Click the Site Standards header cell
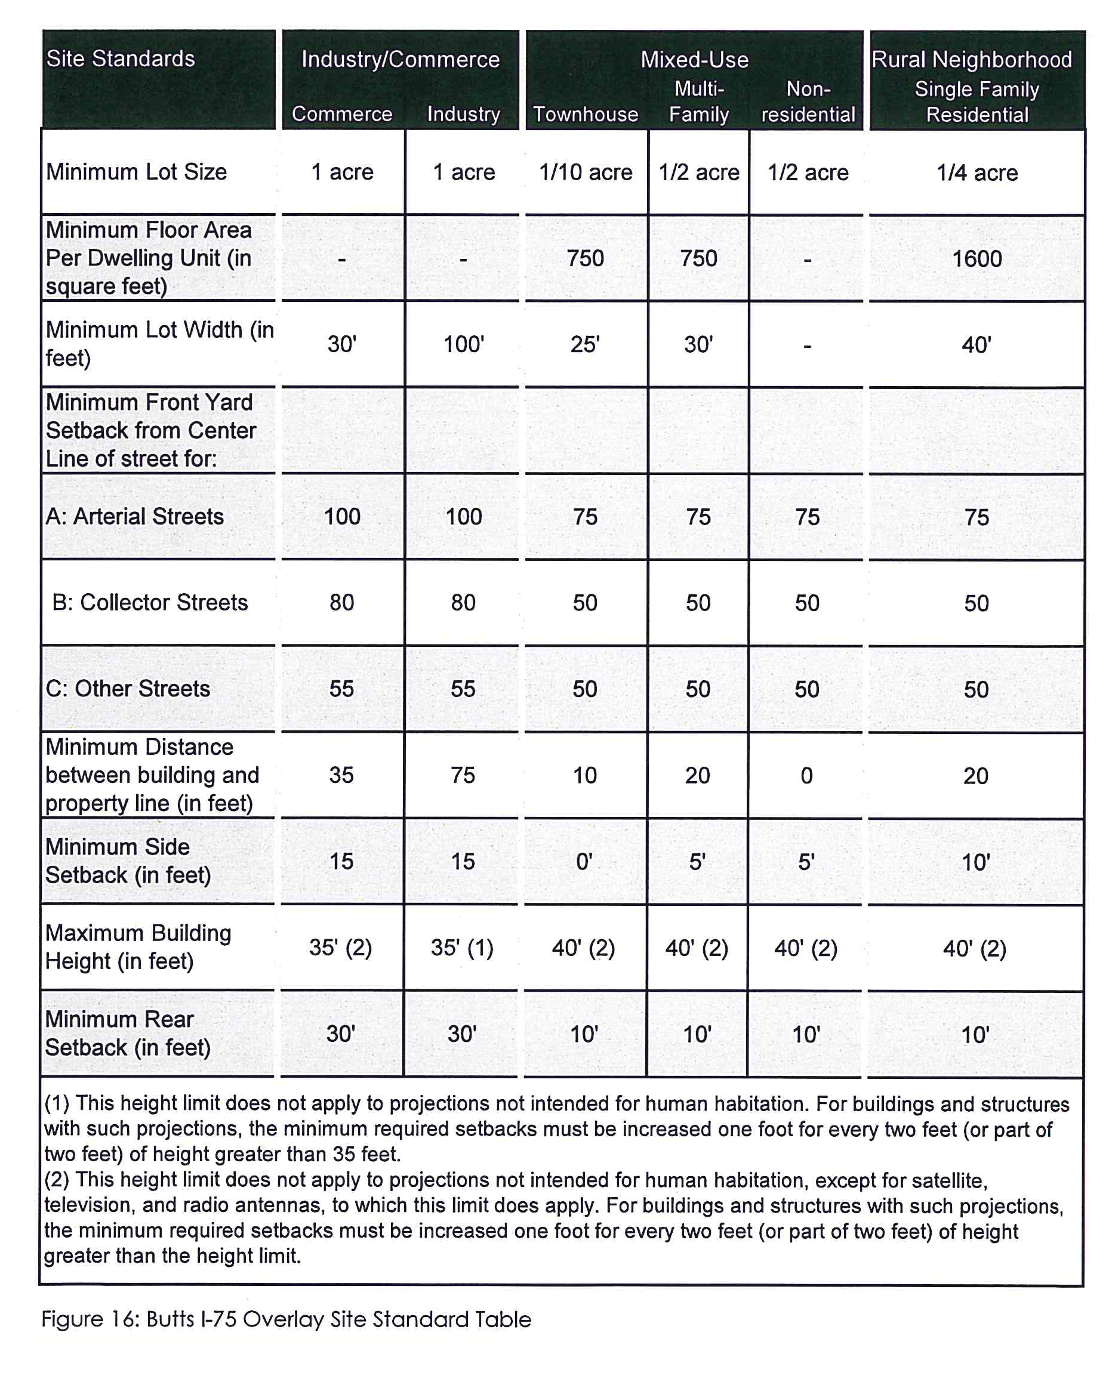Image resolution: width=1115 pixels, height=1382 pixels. pos(121,59)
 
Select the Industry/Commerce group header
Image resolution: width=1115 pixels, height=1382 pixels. pos(400,60)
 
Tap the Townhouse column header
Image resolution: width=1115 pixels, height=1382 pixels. pos(586,115)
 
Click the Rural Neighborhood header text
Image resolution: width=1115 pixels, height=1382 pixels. pos(971,60)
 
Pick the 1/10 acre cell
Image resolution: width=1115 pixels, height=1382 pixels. pos(586,172)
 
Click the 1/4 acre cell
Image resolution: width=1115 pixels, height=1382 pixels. pos(977,173)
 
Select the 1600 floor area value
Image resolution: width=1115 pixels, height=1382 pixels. pos(977,259)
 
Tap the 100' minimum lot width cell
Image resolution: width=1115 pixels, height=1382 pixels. pos(463,345)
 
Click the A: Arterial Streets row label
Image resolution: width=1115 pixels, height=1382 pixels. pos(135,516)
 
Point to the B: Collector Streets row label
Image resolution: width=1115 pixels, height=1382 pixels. pos(150,602)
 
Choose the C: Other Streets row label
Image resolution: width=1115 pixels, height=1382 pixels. pos(128,689)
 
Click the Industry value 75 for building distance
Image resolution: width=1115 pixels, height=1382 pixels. pos(463,775)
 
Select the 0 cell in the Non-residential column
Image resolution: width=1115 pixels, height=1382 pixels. pos(807,776)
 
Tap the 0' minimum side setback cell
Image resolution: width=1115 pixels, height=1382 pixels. pos(584,861)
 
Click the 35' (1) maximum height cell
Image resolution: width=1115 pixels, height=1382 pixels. pos(462,948)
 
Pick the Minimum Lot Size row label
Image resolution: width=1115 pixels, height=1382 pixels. pos(136,172)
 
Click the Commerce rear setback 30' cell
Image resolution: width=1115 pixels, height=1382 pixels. pos(340,1034)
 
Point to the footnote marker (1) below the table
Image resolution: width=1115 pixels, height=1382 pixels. pos(57,1103)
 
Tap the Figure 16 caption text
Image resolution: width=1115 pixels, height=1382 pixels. pos(287,1320)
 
